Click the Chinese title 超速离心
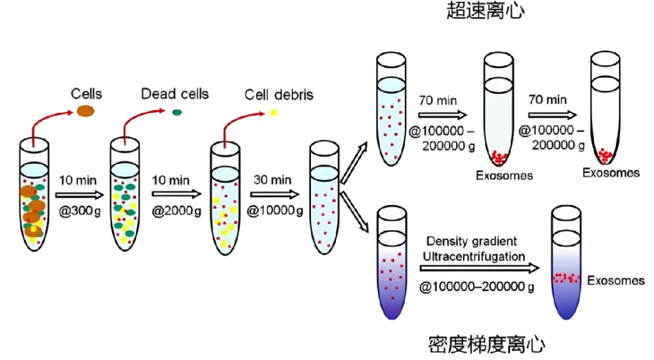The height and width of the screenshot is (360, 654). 485,11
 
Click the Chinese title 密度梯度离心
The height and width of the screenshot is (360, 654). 487,345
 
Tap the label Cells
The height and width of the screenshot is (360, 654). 86,94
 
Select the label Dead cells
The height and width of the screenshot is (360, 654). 175,94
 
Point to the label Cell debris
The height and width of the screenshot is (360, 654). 279,95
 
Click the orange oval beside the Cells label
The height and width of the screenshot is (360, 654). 85,110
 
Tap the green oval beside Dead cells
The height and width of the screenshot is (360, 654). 177,112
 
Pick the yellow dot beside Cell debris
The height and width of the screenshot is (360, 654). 273,112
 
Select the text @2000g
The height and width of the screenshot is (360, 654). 172,211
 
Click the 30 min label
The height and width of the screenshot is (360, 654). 272,180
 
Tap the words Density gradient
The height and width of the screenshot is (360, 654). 471,241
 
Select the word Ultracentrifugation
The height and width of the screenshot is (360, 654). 473,257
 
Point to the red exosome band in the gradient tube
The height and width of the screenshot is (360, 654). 566,278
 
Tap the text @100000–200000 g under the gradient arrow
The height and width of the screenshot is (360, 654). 476,287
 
